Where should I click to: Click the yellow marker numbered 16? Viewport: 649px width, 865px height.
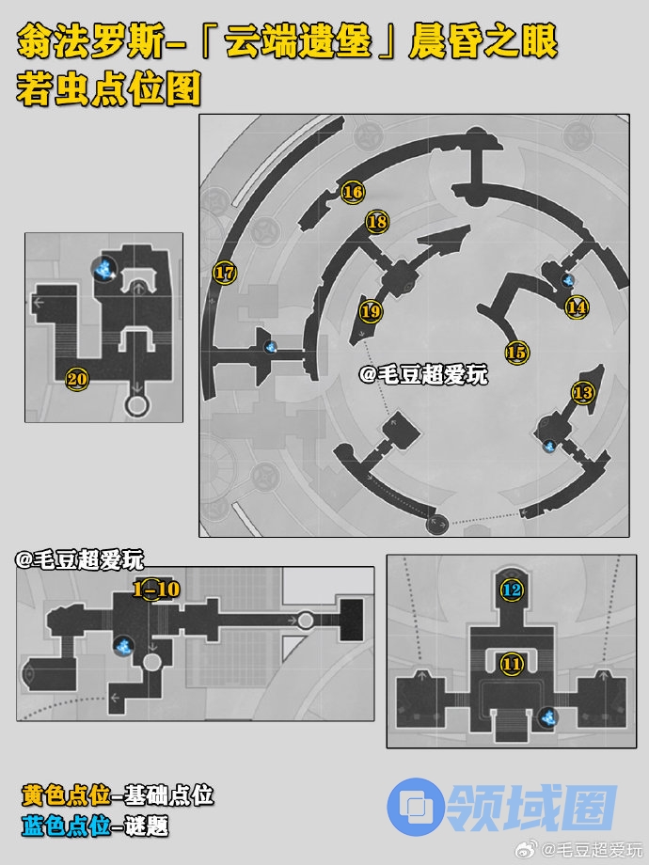click(x=352, y=192)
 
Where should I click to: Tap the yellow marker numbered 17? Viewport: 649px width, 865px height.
click(x=225, y=273)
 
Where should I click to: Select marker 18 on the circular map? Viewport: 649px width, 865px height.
click(x=377, y=222)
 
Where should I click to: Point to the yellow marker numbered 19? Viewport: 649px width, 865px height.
click(x=371, y=312)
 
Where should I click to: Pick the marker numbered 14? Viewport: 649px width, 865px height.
click(x=577, y=307)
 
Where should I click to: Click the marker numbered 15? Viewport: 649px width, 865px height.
click(x=516, y=352)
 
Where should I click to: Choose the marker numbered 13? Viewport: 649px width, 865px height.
click(x=583, y=393)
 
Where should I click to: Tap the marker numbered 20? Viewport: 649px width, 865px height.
click(x=77, y=379)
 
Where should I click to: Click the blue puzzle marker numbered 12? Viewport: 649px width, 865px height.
click(x=512, y=590)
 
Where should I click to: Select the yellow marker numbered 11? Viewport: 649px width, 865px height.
click(x=512, y=664)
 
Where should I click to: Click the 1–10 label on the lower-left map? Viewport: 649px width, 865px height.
click(x=157, y=590)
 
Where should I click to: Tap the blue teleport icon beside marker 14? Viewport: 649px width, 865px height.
click(x=567, y=280)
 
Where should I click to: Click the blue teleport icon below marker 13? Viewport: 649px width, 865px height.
click(x=549, y=446)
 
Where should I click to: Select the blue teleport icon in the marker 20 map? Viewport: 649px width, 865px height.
click(x=103, y=269)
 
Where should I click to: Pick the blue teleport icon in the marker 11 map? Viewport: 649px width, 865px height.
click(x=548, y=717)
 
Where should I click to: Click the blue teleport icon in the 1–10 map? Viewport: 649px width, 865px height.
click(x=124, y=645)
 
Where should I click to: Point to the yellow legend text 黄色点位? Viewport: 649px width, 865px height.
click(x=66, y=795)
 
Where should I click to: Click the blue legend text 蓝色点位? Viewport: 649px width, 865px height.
click(x=66, y=826)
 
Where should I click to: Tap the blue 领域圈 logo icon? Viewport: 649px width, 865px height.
click(x=415, y=806)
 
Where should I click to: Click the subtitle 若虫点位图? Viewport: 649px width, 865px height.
click(x=108, y=88)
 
